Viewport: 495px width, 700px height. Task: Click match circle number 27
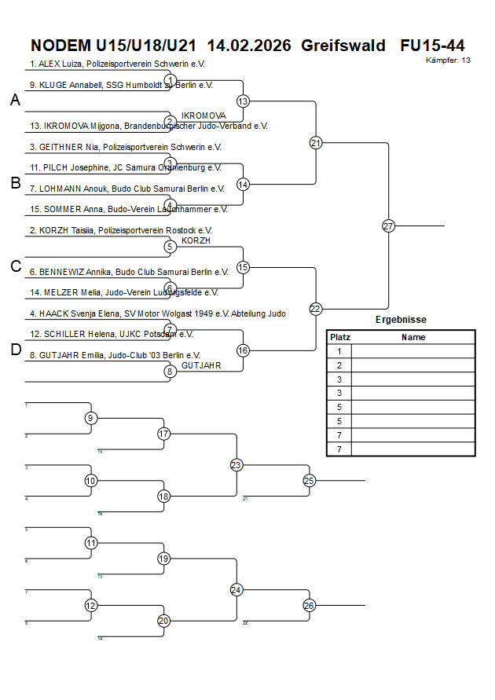click(388, 225)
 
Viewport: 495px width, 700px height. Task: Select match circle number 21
click(316, 143)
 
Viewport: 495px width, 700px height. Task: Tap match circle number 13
click(243, 101)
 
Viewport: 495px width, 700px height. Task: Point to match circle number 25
click(309, 480)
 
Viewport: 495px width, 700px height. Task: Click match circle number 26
click(309, 605)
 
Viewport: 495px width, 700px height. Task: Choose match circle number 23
click(236, 465)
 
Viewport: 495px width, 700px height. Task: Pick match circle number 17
click(163, 434)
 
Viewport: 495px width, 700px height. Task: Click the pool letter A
click(15, 100)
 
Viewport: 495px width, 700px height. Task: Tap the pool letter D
click(15, 350)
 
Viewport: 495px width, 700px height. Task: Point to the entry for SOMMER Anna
click(128, 209)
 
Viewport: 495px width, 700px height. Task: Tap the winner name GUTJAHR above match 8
click(201, 365)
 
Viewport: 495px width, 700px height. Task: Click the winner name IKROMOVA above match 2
click(203, 115)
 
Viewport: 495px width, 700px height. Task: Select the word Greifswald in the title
click(343, 46)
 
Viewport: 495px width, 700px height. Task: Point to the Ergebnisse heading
click(401, 320)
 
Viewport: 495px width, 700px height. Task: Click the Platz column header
click(339, 337)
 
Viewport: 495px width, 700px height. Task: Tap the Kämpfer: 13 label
click(449, 60)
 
